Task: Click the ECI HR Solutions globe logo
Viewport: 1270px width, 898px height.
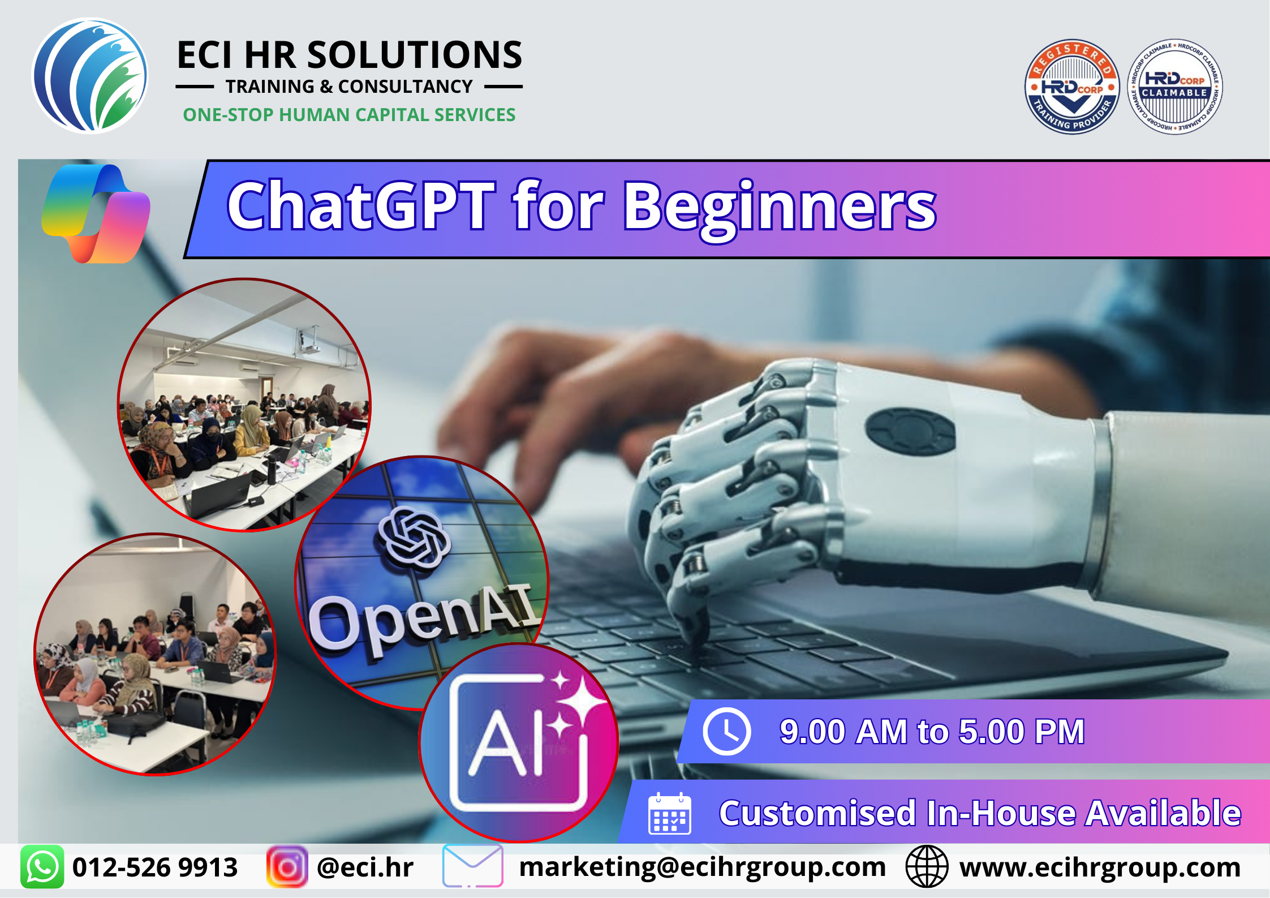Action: click(90, 76)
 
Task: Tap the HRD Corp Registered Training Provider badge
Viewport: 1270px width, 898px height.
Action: click(1072, 87)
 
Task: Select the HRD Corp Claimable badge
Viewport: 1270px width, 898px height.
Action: click(1175, 87)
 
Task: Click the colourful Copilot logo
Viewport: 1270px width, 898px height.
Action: click(96, 213)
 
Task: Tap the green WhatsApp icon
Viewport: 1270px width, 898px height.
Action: click(42, 867)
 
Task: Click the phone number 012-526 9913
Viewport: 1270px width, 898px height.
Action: click(155, 867)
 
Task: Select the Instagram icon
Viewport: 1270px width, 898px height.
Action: click(287, 867)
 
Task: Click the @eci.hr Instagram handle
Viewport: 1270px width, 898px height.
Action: click(365, 867)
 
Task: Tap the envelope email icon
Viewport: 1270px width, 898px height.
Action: click(472, 866)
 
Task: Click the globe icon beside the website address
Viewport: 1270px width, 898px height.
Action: click(927, 867)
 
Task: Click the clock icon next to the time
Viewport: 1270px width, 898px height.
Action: click(727, 731)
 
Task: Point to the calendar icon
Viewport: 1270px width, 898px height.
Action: click(669, 814)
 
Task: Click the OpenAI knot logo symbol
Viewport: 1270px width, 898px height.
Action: click(415, 537)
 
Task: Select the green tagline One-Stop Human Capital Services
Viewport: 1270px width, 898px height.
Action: click(349, 115)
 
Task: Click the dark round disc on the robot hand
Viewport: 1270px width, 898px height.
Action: click(910, 432)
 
